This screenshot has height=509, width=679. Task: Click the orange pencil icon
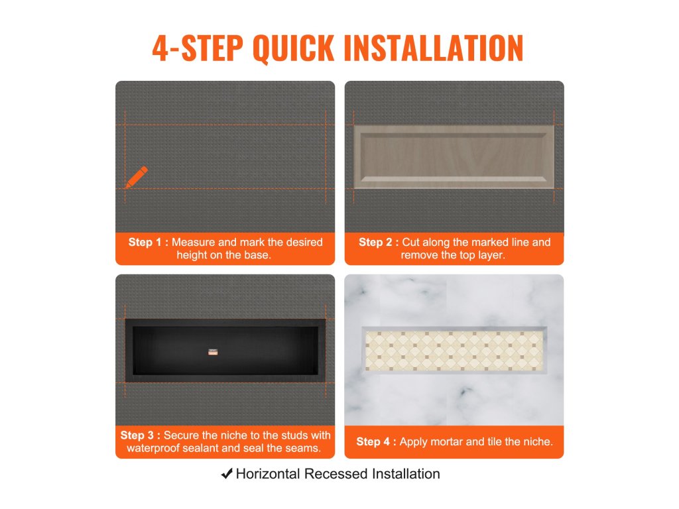point(137,177)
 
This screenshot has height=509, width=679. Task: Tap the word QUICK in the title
point(293,48)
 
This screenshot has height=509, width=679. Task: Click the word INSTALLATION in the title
point(434,48)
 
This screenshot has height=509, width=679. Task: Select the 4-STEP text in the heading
point(198,48)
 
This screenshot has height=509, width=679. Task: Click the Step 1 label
point(148,243)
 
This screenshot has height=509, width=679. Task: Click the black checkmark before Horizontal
point(227,474)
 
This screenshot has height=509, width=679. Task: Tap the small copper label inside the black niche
point(213,352)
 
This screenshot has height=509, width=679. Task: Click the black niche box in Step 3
point(225,351)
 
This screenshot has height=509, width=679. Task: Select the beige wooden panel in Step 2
point(454,156)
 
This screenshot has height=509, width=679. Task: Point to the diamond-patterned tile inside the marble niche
point(454,351)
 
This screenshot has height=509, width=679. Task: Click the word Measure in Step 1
point(193,243)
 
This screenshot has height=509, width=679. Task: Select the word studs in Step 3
point(290,435)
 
